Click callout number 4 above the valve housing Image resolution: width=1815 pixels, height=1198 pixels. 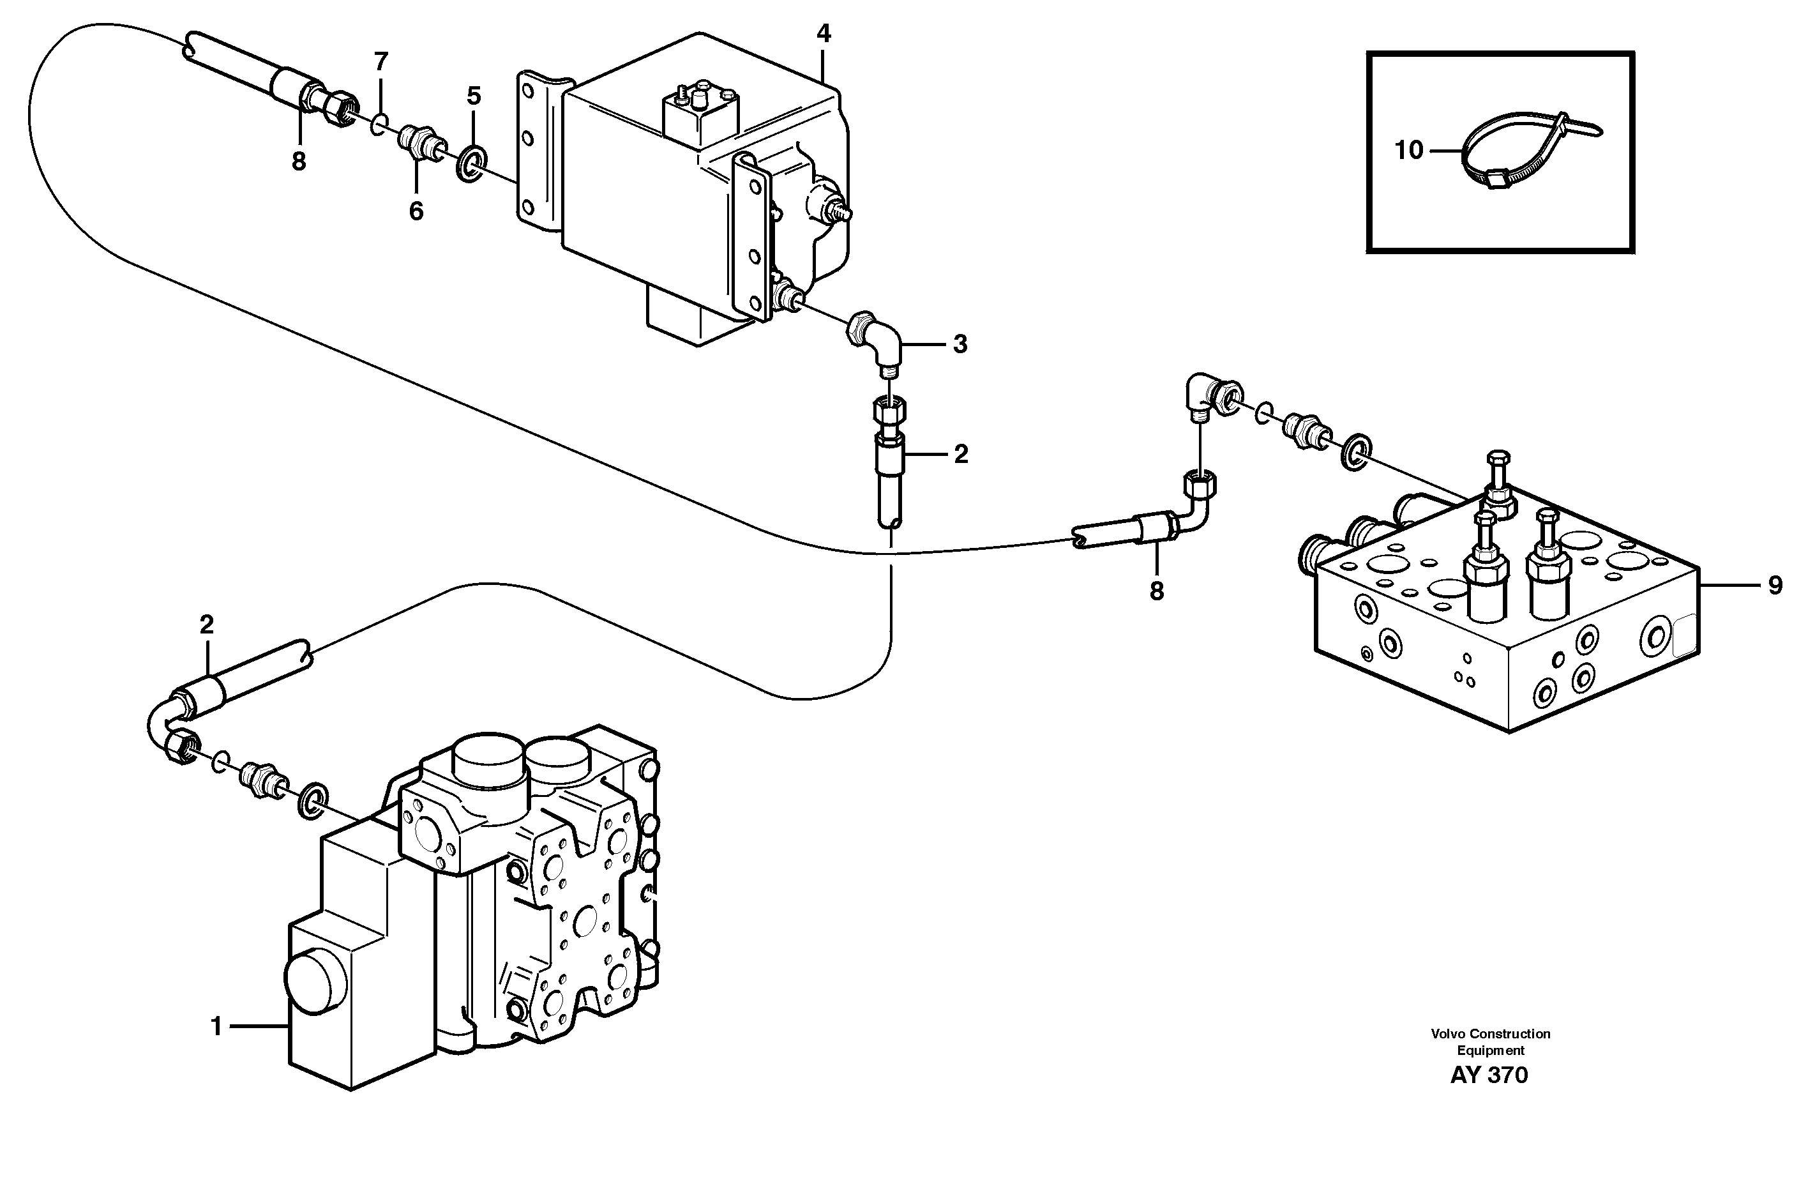[823, 34]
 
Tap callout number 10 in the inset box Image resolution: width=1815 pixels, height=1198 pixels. [1408, 151]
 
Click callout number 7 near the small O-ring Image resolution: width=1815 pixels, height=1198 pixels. [381, 61]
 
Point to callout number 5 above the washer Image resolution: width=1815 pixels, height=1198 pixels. [474, 96]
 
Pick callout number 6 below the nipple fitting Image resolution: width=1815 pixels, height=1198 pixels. [416, 211]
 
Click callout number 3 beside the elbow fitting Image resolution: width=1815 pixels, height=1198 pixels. [960, 345]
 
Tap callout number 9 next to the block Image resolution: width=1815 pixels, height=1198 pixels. [1775, 585]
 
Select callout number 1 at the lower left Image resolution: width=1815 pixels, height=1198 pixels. [217, 1027]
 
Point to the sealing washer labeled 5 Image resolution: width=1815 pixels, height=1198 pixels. [471, 167]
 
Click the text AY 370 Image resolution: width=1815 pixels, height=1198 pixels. [1489, 1075]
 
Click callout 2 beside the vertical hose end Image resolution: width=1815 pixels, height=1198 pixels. [960, 455]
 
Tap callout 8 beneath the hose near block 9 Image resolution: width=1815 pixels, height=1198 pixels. [1157, 591]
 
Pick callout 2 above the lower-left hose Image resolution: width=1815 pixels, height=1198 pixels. [206, 625]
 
